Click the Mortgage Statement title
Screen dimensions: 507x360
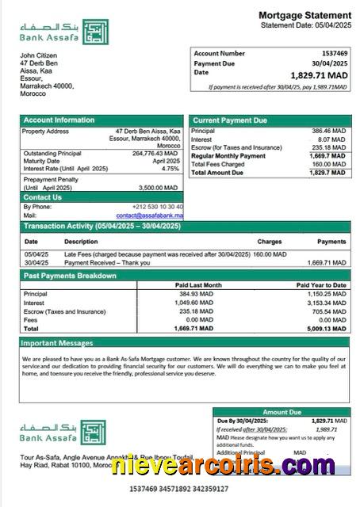pyautogui.click(x=304, y=15)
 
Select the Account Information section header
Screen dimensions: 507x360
pyautogui.click(x=59, y=120)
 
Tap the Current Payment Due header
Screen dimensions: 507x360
pyautogui.click(x=230, y=120)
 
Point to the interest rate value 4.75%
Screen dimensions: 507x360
pyautogui.click(x=170, y=169)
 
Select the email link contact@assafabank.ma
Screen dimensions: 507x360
pyautogui.click(x=149, y=215)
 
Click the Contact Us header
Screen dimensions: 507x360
pyautogui.click(x=42, y=197)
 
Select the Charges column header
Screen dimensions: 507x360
pyautogui.click(x=270, y=242)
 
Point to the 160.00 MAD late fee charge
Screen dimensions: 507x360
pyautogui.click(x=270, y=254)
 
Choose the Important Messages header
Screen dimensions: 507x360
pyautogui.click(x=58, y=343)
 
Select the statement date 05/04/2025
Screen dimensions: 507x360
pyautogui.click(x=328, y=25)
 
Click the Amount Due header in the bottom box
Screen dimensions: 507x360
pyautogui.click(x=281, y=412)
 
